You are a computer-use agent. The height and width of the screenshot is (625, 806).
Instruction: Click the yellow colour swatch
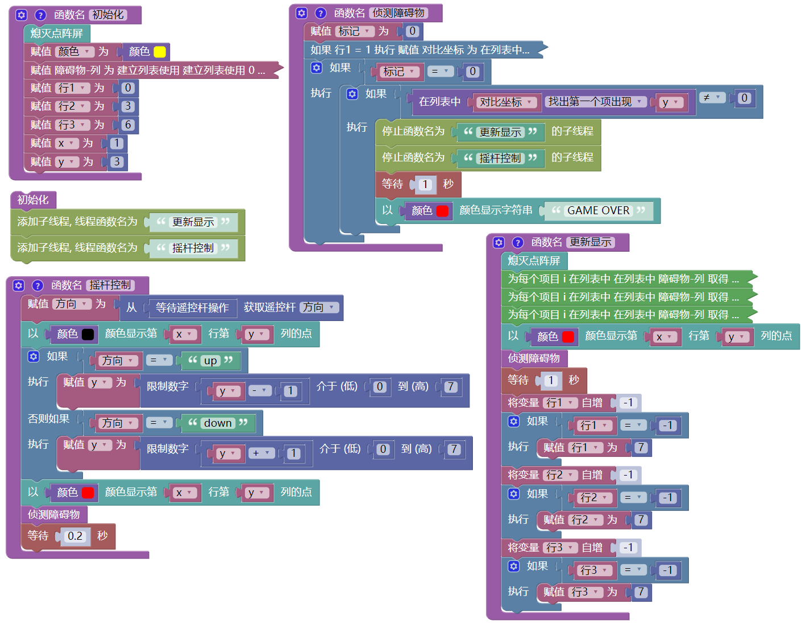coord(160,52)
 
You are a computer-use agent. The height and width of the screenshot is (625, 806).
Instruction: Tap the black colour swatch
coord(88,334)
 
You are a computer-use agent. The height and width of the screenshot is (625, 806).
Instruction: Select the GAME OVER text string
coord(598,211)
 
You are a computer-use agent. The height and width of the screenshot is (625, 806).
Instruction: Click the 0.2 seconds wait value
coord(74,536)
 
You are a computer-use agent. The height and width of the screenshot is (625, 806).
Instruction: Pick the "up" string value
coord(210,361)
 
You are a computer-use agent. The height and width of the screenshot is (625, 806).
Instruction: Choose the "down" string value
coord(218,423)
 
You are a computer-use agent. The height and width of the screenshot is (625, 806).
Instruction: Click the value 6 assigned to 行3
coord(128,125)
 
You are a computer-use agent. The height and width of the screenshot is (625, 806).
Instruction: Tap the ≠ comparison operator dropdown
coord(712,98)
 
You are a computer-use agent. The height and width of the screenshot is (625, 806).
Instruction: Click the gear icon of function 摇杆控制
coord(19,285)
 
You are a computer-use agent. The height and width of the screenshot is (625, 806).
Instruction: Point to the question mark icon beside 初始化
coord(40,15)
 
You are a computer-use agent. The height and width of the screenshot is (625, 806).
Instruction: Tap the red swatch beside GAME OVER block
coord(443,211)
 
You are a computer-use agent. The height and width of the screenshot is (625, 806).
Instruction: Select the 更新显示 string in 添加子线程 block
coord(193,222)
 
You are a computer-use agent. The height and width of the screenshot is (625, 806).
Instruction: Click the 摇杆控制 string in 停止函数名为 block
coord(500,158)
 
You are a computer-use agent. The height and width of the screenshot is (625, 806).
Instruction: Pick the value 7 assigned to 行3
coord(641,592)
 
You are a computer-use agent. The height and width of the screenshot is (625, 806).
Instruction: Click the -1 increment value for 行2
coord(628,475)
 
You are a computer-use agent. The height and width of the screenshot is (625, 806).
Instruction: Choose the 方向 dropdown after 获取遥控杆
coord(319,307)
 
